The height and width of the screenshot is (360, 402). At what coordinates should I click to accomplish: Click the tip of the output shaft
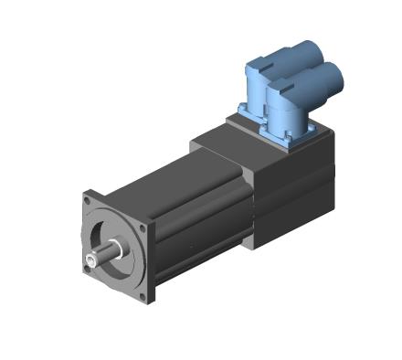(93, 262)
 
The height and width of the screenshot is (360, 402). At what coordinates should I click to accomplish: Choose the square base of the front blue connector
(291, 134)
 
